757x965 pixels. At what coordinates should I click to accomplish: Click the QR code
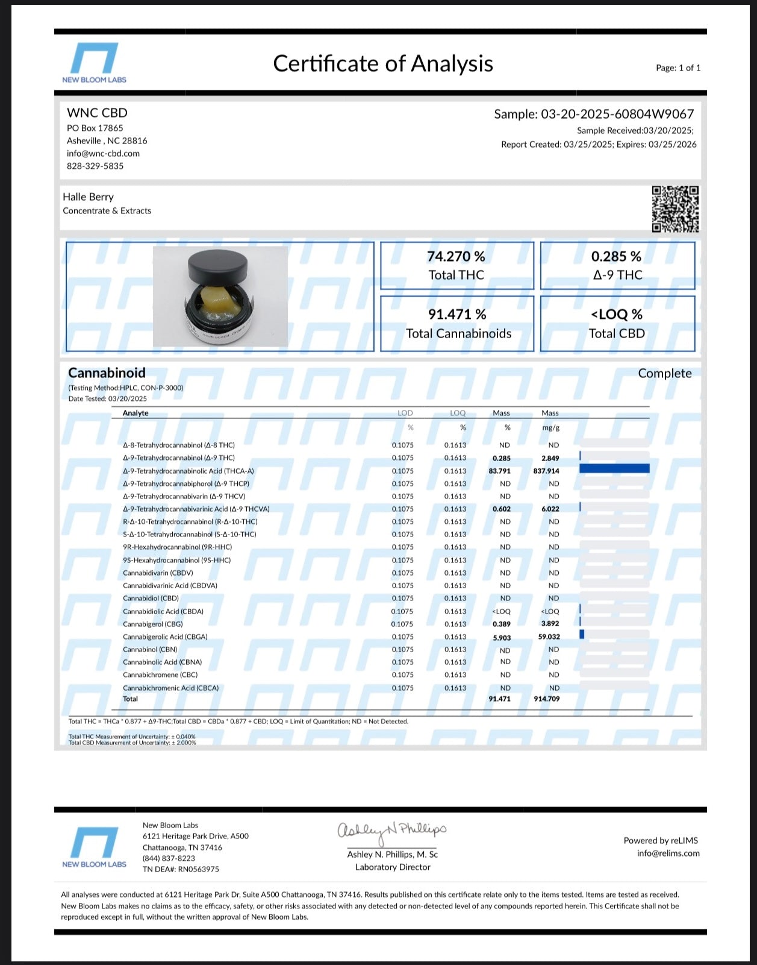point(675,209)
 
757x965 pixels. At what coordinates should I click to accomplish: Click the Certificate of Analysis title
point(383,63)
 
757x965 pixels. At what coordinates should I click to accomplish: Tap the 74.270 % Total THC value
point(456,257)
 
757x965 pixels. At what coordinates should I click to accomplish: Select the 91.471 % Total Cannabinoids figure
point(457,315)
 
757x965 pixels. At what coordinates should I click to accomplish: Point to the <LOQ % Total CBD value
point(617,315)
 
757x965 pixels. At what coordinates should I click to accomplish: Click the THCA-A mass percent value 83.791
point(500,471)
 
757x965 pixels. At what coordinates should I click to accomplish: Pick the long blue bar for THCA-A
point(614,468)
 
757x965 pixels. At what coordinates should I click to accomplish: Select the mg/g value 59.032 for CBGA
point(549,637)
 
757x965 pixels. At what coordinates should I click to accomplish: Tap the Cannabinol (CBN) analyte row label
point(150,649)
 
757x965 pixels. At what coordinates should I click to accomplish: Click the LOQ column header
point(458,413)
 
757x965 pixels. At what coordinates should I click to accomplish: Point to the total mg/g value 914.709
point(546,699)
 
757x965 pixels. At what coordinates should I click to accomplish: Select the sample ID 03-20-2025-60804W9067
point(617,114)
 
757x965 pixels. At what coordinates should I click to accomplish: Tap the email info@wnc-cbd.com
point(103,153)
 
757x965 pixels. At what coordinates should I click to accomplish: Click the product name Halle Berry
point(88,196)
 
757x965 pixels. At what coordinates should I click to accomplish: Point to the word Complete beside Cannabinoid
point(664,373)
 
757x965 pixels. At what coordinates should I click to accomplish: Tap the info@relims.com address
point(668,853)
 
